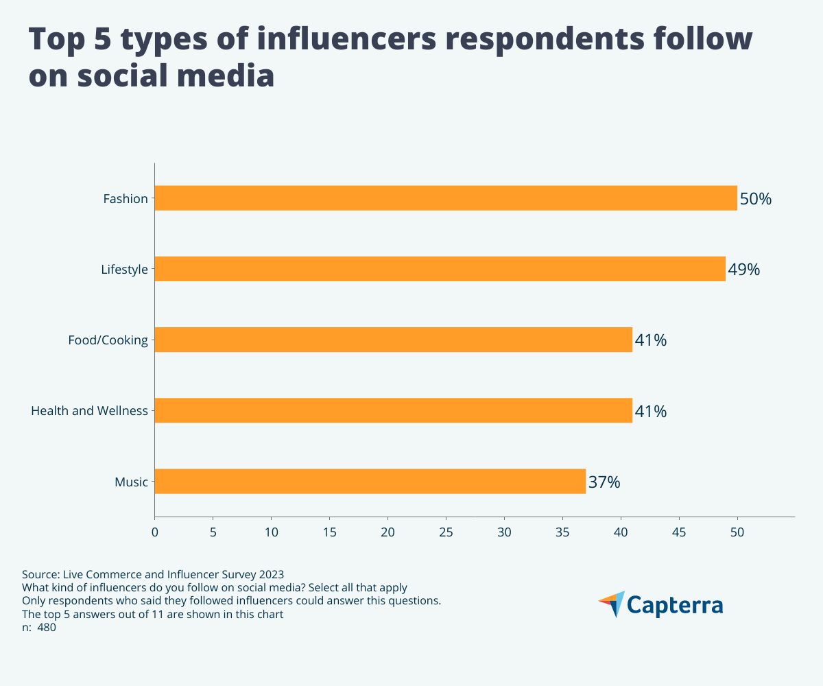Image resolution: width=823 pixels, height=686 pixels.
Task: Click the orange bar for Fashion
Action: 446,198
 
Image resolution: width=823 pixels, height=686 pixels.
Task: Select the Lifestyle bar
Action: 440,269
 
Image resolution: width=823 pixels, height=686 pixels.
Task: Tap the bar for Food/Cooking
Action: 393,340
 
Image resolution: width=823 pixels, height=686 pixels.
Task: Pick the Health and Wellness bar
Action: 393,410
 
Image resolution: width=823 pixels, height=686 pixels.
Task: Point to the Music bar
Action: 370,481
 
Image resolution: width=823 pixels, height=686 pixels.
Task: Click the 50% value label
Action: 756,199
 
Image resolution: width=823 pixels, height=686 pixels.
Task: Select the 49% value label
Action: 744,270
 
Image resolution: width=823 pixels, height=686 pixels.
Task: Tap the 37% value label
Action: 604,482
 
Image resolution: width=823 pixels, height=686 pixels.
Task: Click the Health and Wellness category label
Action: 89,411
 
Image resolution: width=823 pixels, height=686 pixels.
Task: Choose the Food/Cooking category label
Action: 108,340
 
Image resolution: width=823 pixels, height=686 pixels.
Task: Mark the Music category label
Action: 131,482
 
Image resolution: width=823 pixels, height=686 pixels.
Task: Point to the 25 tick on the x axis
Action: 446,532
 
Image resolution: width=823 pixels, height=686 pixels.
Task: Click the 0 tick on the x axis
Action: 154,532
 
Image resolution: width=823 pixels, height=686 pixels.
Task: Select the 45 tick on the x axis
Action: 679,532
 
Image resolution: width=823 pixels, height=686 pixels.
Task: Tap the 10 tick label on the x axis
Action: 271,532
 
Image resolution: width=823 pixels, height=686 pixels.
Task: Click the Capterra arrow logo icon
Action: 612,604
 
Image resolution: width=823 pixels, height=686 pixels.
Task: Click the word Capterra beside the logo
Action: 676,605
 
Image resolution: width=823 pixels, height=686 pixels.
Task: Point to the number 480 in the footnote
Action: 47,628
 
